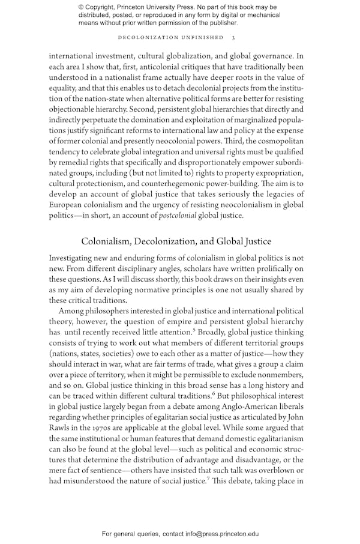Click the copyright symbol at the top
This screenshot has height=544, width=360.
[x=82, y=7]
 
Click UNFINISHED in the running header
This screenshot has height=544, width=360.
[x=200, y=37]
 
